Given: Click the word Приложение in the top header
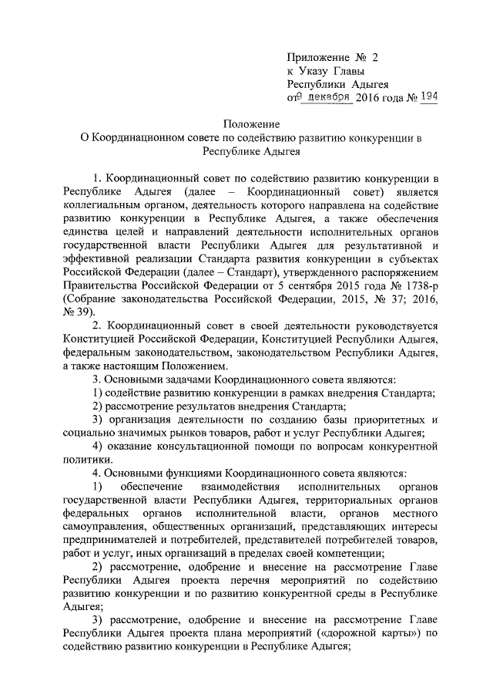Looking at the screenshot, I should [x=317, y=57].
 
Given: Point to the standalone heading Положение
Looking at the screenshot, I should [x=248, y=125].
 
